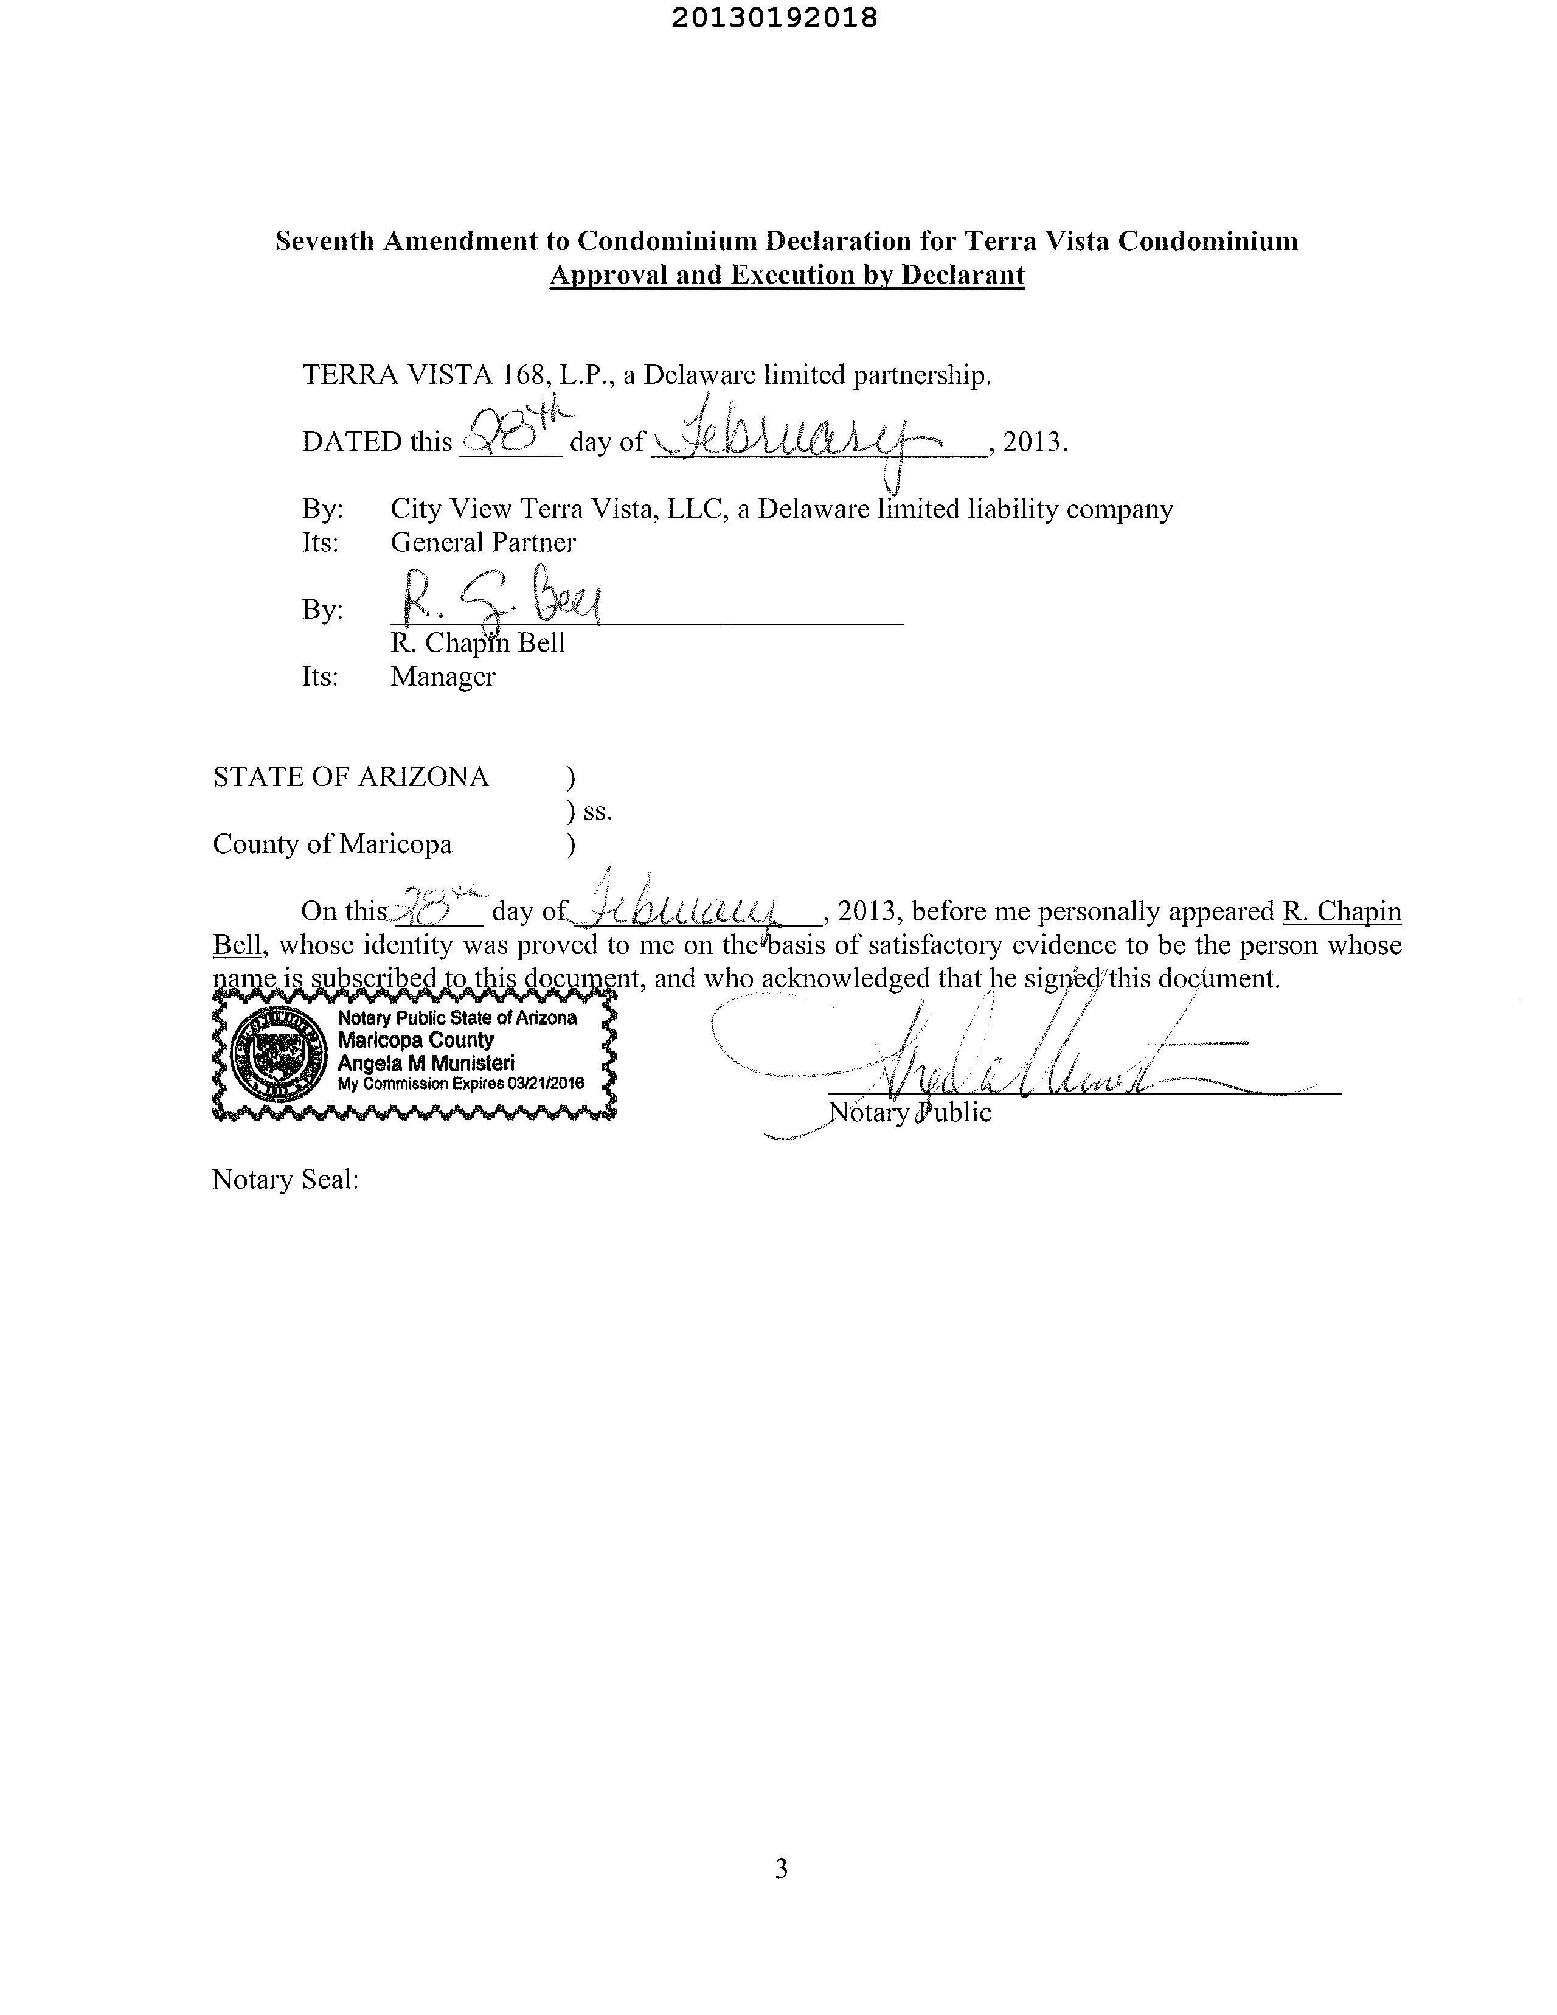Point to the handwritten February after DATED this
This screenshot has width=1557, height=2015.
pos(802,437)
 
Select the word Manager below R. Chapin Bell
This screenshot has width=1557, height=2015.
pos(443,677)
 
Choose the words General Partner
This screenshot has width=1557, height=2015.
pos(482,543)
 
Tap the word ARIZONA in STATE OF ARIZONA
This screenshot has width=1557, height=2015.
pos(423,777)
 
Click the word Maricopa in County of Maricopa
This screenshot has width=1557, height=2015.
pos(396,844)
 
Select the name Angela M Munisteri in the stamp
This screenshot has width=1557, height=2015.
pos(426,1063)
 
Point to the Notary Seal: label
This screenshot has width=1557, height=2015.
pos(285,1179)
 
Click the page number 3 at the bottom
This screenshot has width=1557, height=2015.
pos(780,1868)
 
